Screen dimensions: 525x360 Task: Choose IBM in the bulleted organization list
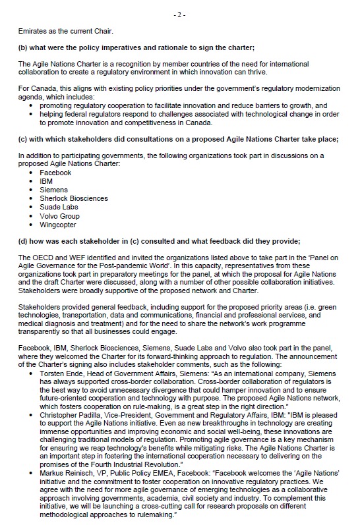click(x=46, y=181)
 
